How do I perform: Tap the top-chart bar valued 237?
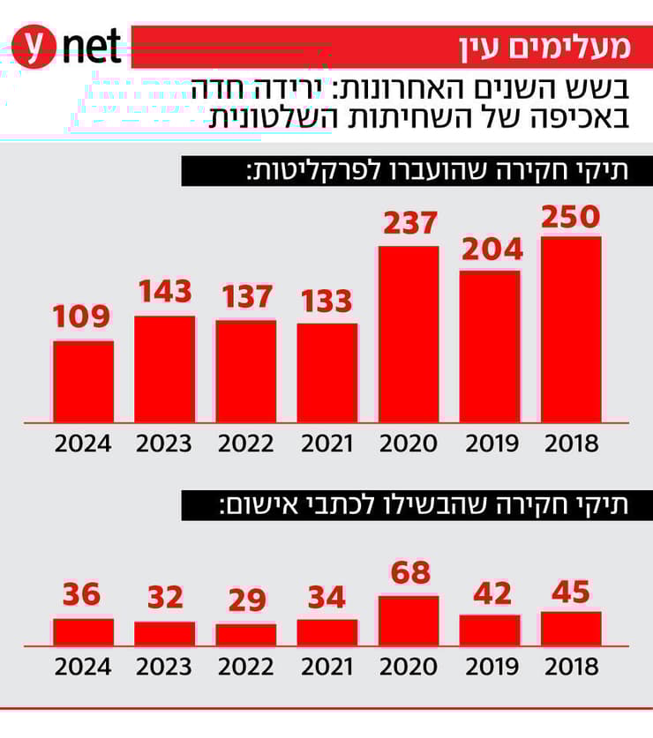point(409,334)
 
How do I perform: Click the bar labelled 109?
point(84,381)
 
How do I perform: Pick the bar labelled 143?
point(165,369)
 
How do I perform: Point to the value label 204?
point(491,250)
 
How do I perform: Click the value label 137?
point(246,297)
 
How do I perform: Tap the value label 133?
point(327,301)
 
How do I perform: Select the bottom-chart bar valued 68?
point(409,621)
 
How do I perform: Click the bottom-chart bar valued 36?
point(84,632)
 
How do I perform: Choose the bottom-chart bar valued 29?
point(246,635)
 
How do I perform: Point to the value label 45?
point(571,593)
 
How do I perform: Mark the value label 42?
point(491,594)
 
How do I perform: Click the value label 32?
point(165,598)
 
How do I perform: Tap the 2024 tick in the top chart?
point(84,444)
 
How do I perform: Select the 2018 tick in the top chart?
point(571,444)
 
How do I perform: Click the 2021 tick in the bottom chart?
point(327,667)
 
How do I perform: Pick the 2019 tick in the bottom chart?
point(491,667)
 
